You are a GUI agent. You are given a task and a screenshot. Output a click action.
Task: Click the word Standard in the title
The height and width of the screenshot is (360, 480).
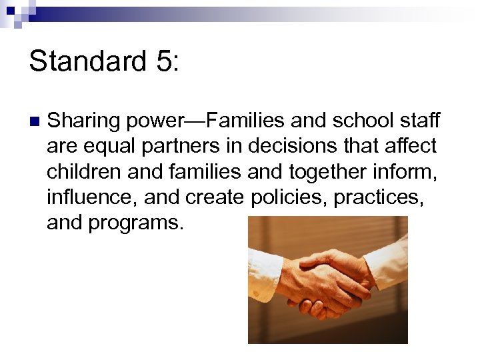[87, 61]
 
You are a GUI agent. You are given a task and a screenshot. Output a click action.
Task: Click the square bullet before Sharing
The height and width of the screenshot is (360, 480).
[35, 122]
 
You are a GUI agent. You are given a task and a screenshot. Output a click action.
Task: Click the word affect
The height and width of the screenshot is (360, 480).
[409, 146]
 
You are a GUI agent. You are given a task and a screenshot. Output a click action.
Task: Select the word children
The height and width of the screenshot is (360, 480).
[83, 171]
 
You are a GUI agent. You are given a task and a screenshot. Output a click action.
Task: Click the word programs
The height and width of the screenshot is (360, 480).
[136, 223]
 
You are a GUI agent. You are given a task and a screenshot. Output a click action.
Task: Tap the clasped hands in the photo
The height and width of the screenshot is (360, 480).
[323, 280]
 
